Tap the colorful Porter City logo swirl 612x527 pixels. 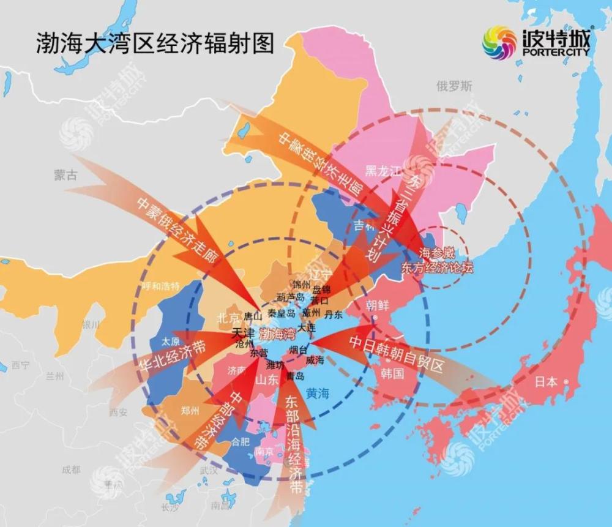click(x=499, y=43)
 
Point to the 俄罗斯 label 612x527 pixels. click(x=455, y=86)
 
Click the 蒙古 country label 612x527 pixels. click(x=65, y=175)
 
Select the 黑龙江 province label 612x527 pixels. click(x=382, y=170)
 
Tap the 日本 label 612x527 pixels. click(x=546, y=382)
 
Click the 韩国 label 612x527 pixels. click(x=392, y=373)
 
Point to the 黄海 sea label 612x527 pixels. click(x=318, y=394)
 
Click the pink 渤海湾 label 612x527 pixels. click(x=277, y=334)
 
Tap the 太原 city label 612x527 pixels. click(x=171, y=342)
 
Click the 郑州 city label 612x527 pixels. click(x=190, y=411)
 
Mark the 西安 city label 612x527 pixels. click(x=118, y=413)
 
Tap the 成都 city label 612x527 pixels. click(x=70, y=469)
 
